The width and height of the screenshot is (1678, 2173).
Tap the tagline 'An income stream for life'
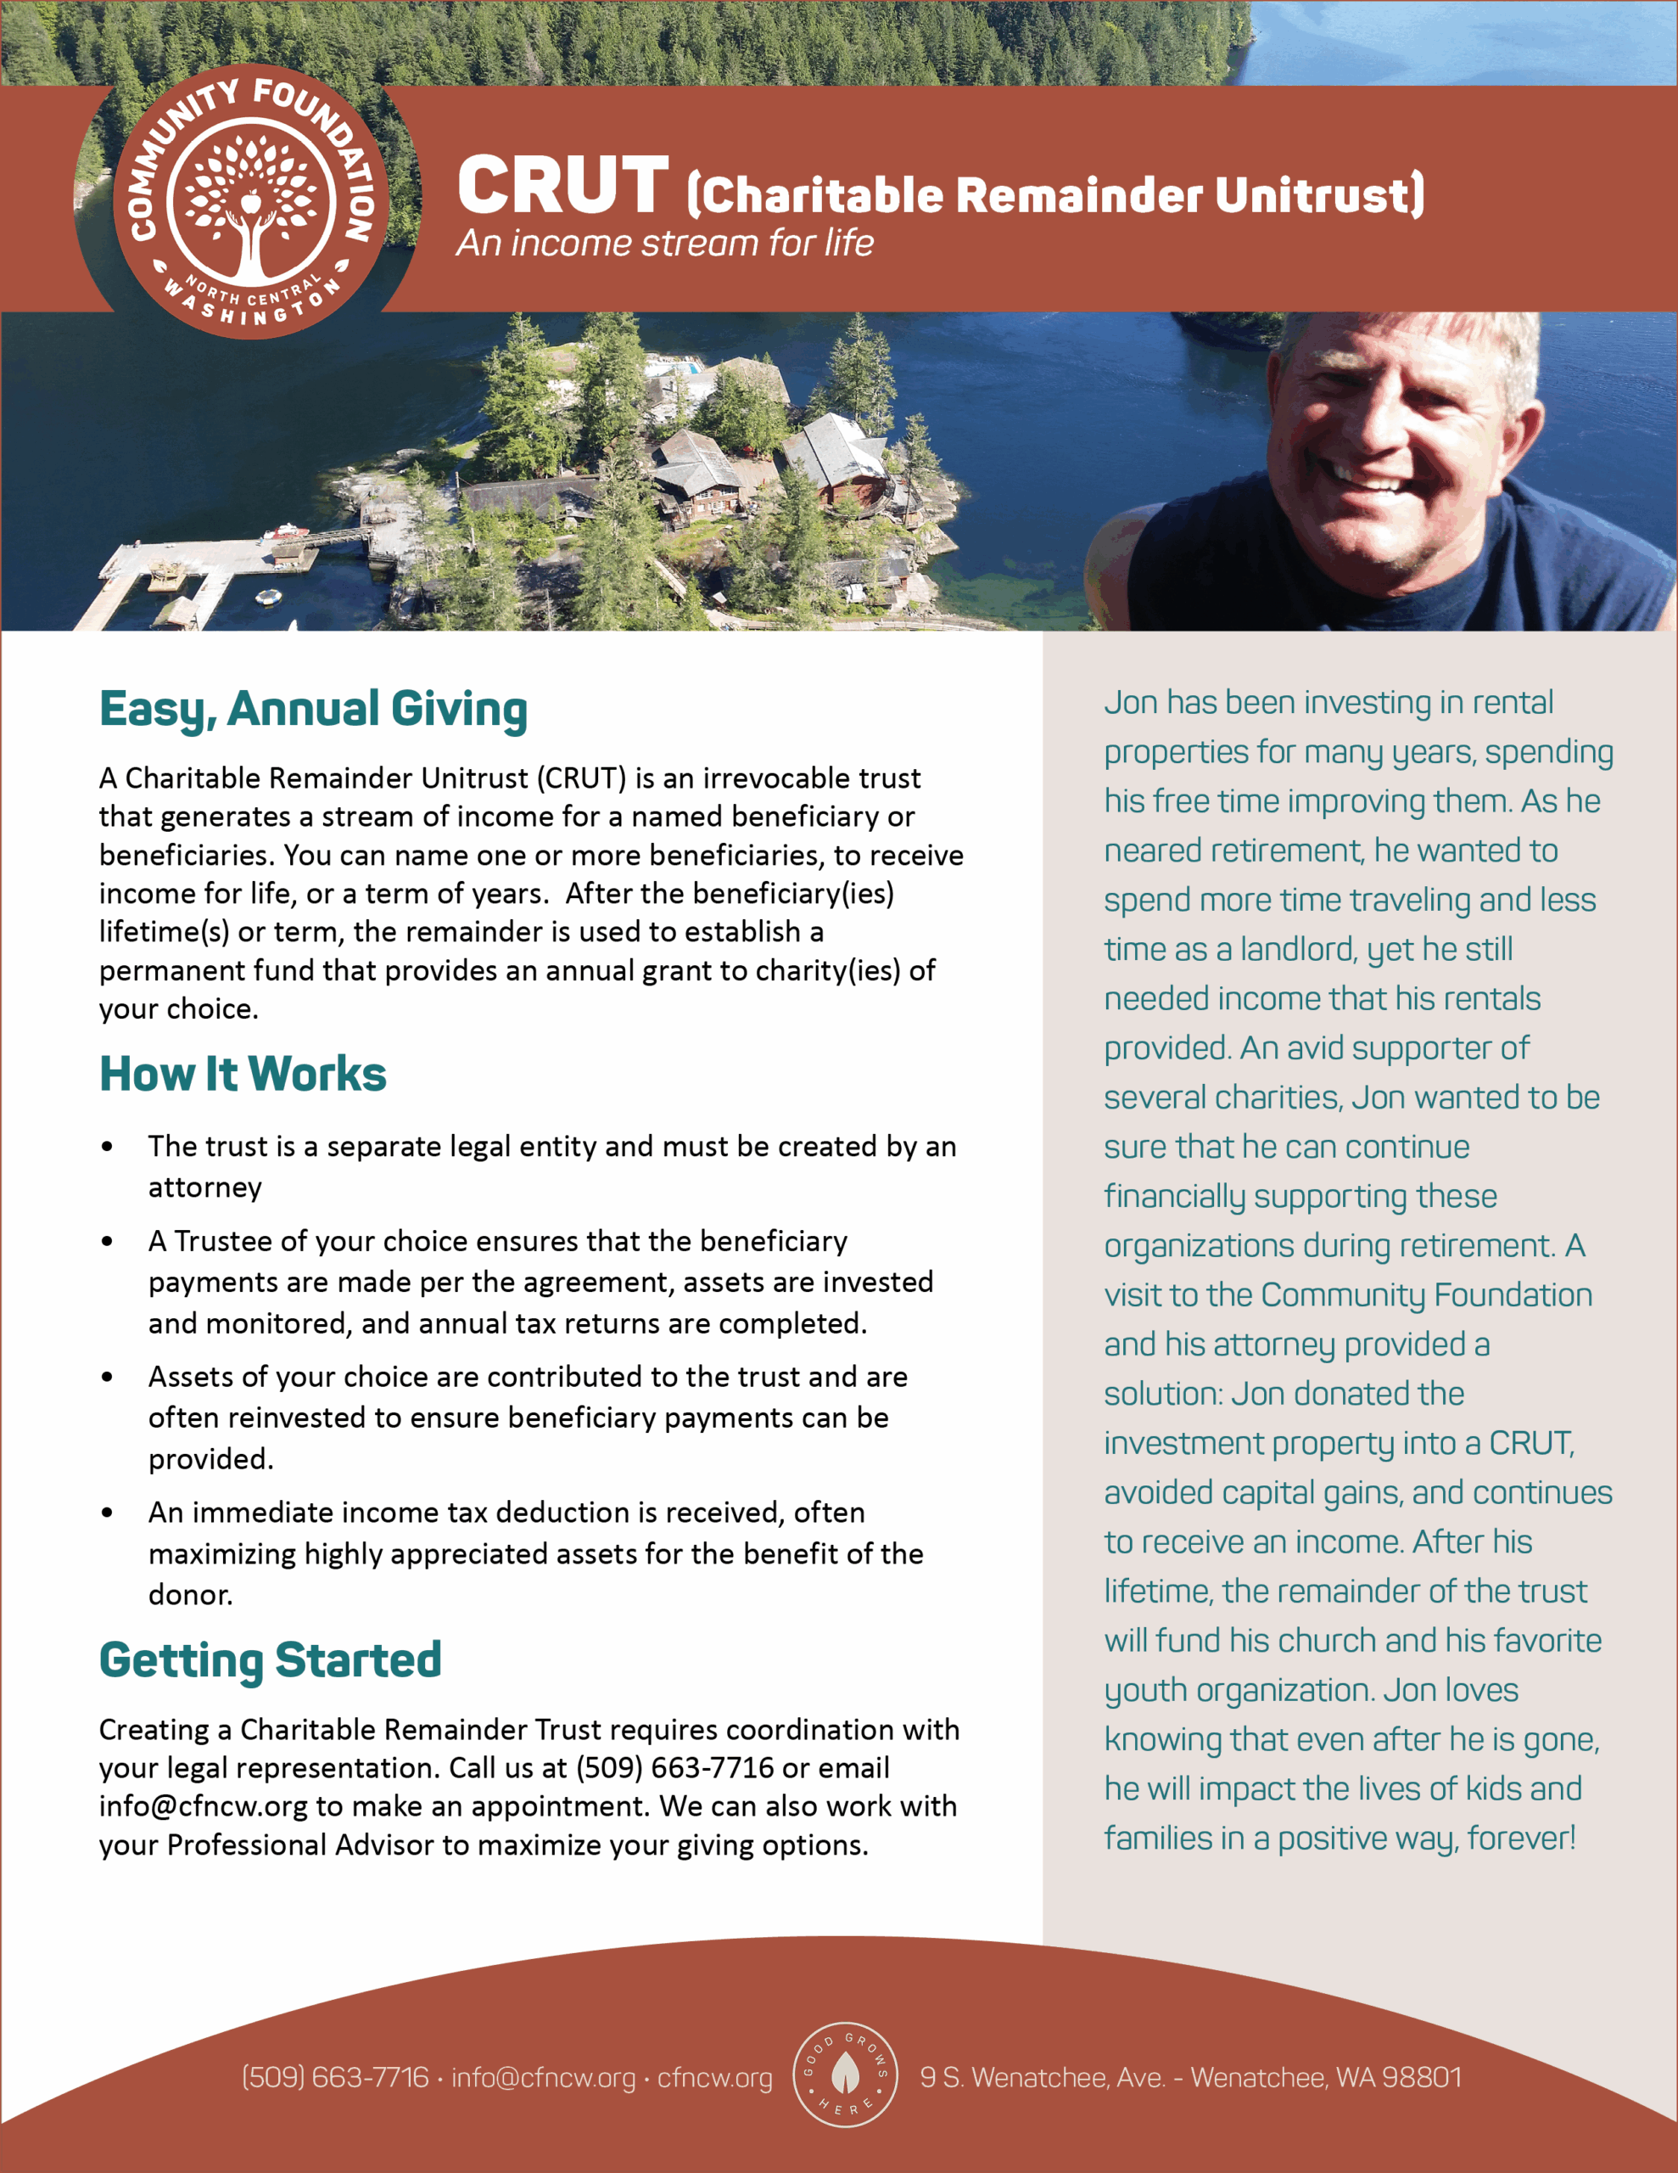click(x=664, y=243)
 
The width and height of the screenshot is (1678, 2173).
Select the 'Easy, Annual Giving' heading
click(x=313, y=710)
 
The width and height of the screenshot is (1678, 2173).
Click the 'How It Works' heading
click(x=243, y=1075)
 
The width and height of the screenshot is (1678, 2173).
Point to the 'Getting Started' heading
click(x=270, y=1660)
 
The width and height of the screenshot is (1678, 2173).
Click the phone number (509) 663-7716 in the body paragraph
click(x=674, y=1768)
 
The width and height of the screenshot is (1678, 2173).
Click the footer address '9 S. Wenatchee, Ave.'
click(x=1043, y=2077)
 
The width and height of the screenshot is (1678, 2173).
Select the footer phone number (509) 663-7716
click(x=335, y=2077)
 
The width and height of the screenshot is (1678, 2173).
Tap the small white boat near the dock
click(x=267, y=597)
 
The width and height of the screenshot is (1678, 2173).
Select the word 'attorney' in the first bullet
click(x=205, y=1188)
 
